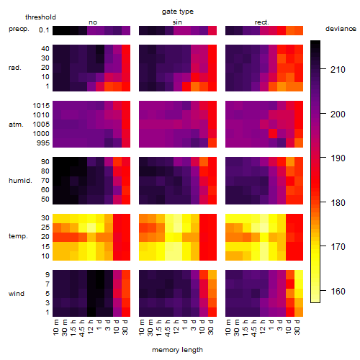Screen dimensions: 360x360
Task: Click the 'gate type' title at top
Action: click(x=178, y=12)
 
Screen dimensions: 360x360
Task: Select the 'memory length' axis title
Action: click(x=177, y=350)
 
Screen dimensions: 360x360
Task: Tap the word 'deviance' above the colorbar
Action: click(x=341, y=29)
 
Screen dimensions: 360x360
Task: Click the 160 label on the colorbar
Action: click(x=338, y=292)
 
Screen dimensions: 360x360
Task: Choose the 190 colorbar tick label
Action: click(x=338, y=158)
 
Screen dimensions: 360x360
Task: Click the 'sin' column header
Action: click(x=177, y=22)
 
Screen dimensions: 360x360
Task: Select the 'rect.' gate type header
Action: click(x=261, y=22)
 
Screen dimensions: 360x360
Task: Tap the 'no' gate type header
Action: click(x=93, y=22)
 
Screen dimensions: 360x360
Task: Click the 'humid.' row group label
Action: click(x=20, y=181)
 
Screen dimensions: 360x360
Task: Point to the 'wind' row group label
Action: click(x=17, y=294)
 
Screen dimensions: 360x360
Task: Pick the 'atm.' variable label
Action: click(x=16, y=125)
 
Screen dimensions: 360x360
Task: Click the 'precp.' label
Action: click(x=19, y=29)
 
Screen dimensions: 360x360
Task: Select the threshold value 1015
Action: click(x=41, y=106)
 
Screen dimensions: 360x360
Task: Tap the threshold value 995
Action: click(x=43, y=143)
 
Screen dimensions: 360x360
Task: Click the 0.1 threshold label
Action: click(x=44, y=30)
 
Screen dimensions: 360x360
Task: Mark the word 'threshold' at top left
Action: click(x=40, y=17)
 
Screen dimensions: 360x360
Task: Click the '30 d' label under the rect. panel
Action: click(x=297, y=327)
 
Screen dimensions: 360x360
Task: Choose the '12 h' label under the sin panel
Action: click(x=176, y=327)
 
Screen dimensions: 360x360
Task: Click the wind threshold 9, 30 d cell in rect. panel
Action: click(x=299, y=274)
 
